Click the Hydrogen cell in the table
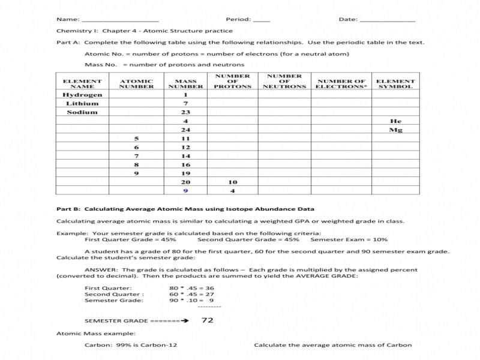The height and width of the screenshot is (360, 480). (82, 95)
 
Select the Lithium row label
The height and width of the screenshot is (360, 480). (82, 103)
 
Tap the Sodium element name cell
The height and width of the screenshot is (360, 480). (82, 112)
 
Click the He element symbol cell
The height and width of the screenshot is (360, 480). (395, 121)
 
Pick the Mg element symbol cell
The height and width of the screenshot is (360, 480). (395, 130)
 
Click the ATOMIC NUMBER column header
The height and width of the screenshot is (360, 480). (136, 83)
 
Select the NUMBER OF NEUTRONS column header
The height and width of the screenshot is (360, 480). (284, 81)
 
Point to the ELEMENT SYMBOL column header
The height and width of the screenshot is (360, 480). (395, 83)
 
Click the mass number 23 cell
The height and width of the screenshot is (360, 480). (185, 112)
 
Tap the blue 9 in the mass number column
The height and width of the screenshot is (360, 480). (185, 191)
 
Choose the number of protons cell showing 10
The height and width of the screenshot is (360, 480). (232, 182)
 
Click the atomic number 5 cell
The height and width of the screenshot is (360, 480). (136, 139)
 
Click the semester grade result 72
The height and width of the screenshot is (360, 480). (208, 320)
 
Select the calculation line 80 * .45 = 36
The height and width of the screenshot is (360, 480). (191, 288)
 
